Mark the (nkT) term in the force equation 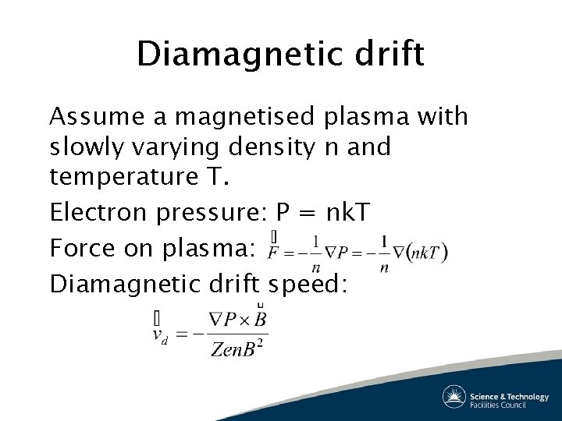pos(427,251)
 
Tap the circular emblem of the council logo pos(454,397)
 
